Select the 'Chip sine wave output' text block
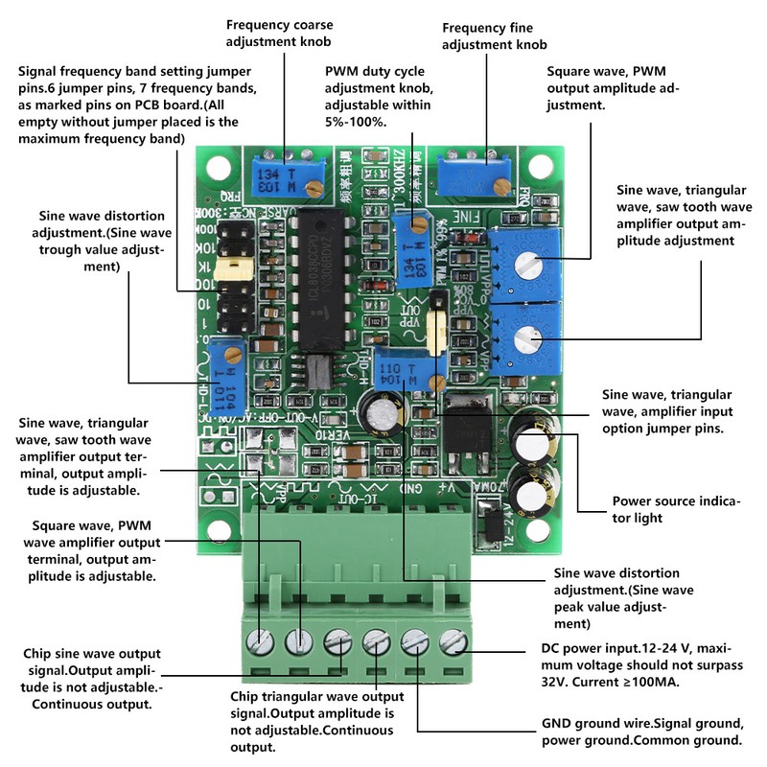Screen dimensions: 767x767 click(x=91, y=679)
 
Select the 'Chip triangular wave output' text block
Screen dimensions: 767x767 click(x=316, y=722)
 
